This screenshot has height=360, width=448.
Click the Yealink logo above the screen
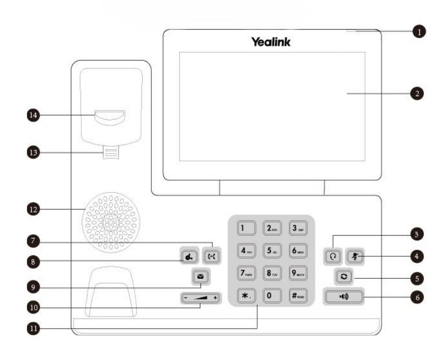270,42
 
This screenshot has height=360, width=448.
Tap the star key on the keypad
246,296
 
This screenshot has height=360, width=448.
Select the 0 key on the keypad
271,296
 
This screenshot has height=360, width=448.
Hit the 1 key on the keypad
246,227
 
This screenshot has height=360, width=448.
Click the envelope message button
201,278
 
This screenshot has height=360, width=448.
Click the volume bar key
201,298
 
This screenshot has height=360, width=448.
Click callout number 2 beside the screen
419,93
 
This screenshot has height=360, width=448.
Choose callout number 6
419,298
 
